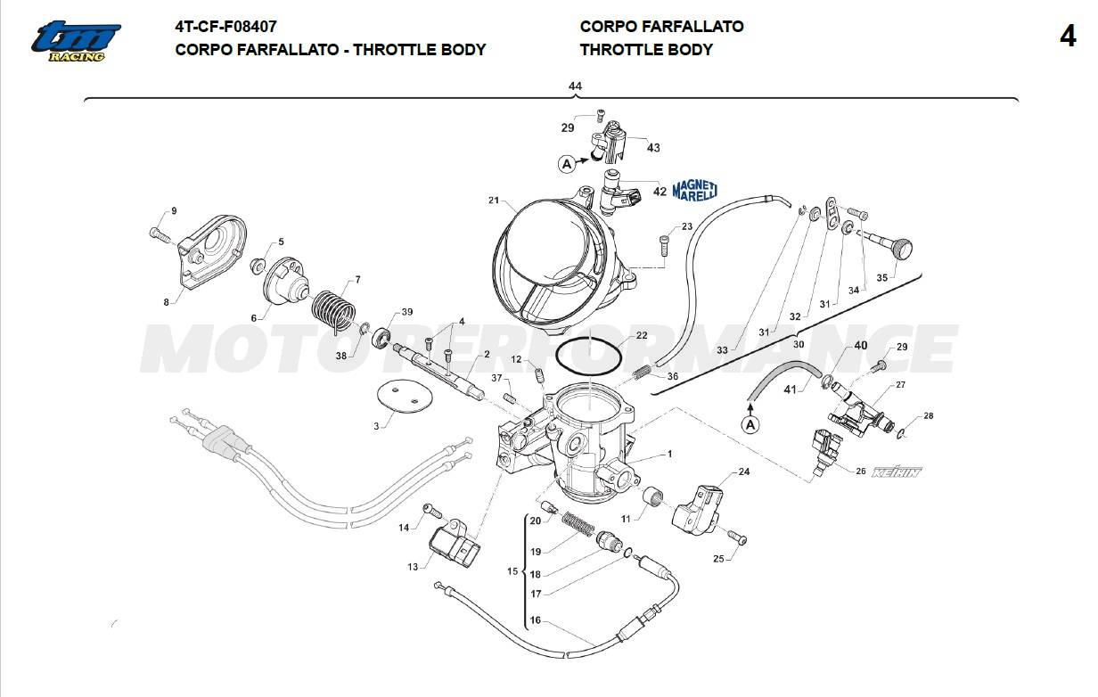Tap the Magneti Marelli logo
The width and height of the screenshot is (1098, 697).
694,190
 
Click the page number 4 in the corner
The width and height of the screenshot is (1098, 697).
1068,37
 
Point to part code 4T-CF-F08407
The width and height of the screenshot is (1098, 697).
225,27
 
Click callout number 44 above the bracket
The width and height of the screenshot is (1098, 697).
575,86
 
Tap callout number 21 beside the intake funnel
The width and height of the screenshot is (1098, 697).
493,201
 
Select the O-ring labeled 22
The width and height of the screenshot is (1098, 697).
590,357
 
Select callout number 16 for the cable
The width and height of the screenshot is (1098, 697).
535,621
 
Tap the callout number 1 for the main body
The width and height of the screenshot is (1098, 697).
669,455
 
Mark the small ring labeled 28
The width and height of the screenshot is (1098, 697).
902,434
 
